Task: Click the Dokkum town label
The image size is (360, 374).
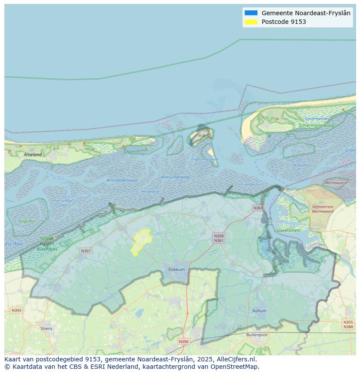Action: (x=177, y=269)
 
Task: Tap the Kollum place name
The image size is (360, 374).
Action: (x=259, y=311)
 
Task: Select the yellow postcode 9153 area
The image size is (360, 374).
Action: (x=142, y=241)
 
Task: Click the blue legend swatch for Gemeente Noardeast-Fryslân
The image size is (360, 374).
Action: (x=251, y=13)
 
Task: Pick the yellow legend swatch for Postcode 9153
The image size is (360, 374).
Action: (x=251, y=22)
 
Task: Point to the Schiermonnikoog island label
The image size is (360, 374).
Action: (x=316, y=126)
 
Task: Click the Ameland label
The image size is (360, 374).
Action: (x=33, y=155)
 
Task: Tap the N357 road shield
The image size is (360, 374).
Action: (x=86, y=251)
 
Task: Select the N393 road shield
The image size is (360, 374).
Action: (x=16, y=310)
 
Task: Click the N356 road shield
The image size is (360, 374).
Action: (x=184, y=341)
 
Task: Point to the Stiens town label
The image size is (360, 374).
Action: (x=46, y=328)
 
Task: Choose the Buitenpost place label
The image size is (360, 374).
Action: (x=257, y=335)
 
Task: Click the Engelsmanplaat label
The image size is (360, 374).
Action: (x=205, y=159)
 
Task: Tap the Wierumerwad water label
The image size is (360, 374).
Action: (x=175, y=177)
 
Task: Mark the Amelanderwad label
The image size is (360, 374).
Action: (x=122, y=180)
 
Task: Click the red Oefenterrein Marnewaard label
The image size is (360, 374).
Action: (x=322, y=209)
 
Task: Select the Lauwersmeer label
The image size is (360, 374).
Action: (x=287, y=230)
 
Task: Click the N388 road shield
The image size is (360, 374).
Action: (x=348, y=327)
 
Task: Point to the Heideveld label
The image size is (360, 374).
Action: (x=150, y=192)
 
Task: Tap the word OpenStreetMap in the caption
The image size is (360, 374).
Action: (x=235, y=367)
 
